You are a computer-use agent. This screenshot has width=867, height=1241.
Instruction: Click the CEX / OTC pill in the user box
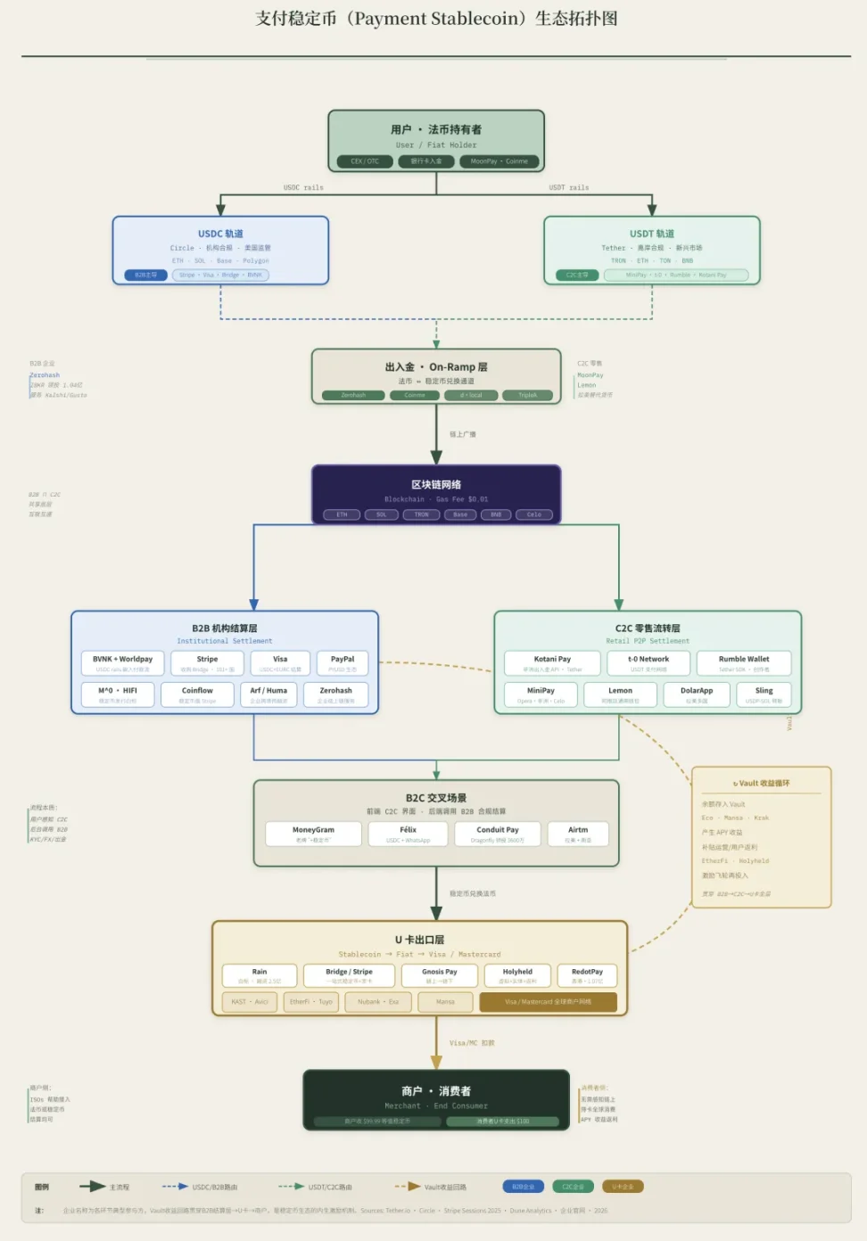(x=365, y=161)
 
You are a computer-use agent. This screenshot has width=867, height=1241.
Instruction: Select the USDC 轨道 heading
(x=220, y=234)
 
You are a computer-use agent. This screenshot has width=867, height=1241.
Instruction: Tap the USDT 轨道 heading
(x=652, y=234)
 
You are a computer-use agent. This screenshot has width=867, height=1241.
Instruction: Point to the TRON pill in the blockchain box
(x=421, y=514)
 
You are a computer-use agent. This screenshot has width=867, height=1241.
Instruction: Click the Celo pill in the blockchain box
(x=533, y=514)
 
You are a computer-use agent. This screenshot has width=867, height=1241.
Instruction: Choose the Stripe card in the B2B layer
(x=207, y=663)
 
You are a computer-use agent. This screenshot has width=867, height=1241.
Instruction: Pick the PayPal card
(x=343, y=663)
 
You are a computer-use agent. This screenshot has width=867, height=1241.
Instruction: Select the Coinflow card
(x=197, y=694)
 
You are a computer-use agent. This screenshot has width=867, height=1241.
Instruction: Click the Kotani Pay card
(x=552, y=663)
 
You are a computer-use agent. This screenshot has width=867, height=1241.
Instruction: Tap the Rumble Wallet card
(x=744, y=663)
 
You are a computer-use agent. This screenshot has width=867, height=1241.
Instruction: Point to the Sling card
(x=764, y=694)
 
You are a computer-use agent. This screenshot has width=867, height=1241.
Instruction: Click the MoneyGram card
(x=313, y=834)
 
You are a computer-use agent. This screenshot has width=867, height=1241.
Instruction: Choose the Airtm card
(x=578, y=834)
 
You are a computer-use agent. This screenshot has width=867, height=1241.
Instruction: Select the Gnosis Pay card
(x=439, y=975)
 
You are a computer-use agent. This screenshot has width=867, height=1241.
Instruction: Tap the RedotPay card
(x=587, y=975)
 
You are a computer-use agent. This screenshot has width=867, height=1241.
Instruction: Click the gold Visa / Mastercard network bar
(x=548, y=1002)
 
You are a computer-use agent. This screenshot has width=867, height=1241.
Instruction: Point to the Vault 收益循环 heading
(x=762, y=784)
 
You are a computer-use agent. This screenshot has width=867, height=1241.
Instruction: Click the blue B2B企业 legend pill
(x=523, y=1187)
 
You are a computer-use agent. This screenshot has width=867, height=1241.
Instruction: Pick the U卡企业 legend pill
(x=623, y=1187)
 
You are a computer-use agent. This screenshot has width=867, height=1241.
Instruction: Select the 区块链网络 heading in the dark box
(x=436, y=485)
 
